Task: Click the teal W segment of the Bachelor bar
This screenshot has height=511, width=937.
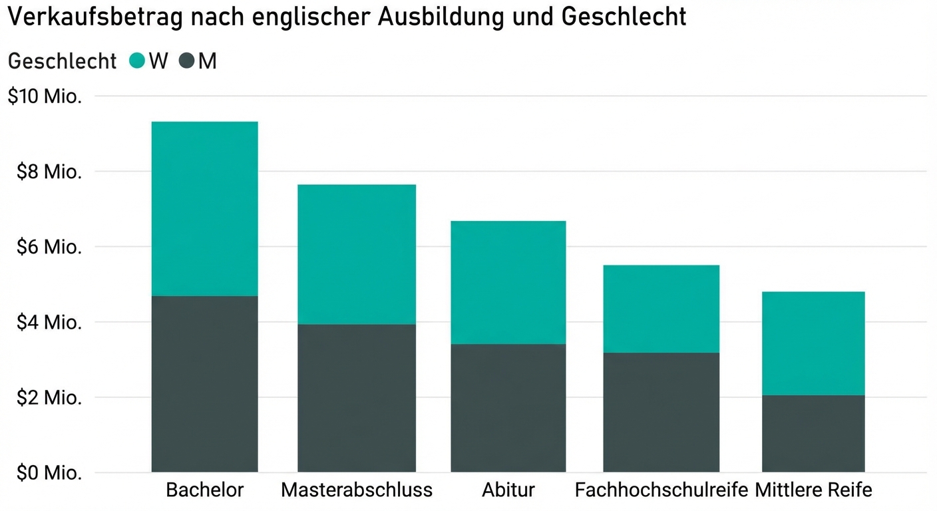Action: [204, 208]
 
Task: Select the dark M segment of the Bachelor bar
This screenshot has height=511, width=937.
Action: [204, 384]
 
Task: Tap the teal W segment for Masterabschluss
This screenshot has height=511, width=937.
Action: [357, 254]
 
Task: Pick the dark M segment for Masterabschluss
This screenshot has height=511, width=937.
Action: [357, 398]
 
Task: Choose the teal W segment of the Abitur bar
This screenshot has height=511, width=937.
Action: [508, 282]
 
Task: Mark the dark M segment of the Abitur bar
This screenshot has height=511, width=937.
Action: [508, 408]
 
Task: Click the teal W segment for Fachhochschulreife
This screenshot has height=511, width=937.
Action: [661, 309]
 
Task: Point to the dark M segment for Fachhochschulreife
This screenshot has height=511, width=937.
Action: [661, 413]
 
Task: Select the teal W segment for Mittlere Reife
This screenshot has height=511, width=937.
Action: [813, 343]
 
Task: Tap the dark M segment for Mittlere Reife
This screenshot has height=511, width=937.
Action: [813, 434]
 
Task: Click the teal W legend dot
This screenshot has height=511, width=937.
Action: [137, 61]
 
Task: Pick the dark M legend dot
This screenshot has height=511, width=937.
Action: [187, 61]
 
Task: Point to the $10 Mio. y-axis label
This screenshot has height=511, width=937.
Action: [45, 96]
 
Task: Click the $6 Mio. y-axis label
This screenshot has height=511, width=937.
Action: [49, 247]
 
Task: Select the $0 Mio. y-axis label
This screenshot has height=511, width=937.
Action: [49, 473]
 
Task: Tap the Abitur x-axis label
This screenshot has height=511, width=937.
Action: [508, 490]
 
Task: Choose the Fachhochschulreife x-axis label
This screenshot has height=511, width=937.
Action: [661, 490]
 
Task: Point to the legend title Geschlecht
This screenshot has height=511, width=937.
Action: [62, 61]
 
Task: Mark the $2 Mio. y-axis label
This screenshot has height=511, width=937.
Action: [49, 398]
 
